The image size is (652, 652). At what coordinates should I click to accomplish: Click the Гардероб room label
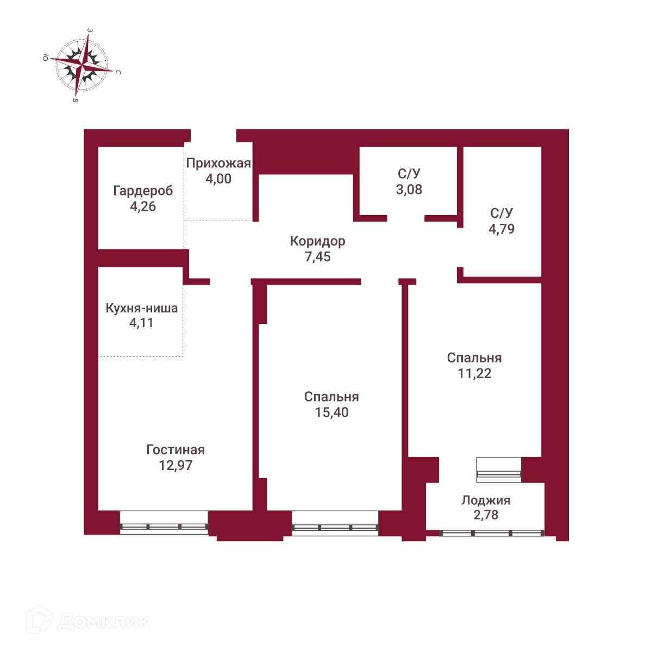[143, 191]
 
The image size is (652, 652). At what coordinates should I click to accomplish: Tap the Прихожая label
[218, 163]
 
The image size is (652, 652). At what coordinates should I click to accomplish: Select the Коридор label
[317, 241]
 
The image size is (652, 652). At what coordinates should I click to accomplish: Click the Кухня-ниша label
[141, 309]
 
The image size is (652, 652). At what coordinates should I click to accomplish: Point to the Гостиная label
[175, 450]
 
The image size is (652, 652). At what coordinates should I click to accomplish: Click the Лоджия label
[486, 500]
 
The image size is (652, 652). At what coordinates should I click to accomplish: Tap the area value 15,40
[331, 412]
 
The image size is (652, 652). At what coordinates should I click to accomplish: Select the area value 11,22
[474, 373]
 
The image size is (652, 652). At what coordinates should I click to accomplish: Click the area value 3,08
[409, 190]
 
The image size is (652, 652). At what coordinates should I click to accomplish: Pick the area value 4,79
[501, 229]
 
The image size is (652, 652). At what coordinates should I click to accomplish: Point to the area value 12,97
[175, 466]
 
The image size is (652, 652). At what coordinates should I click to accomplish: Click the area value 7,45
[317, 256]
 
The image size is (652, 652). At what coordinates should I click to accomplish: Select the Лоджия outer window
[492, 533]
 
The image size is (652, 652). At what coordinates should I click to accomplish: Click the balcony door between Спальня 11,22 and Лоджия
[498, 470]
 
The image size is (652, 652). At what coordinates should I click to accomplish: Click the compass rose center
[83, 65]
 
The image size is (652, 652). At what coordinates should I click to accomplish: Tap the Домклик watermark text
[103, 621]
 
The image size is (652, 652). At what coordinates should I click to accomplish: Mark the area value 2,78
[486, 515]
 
